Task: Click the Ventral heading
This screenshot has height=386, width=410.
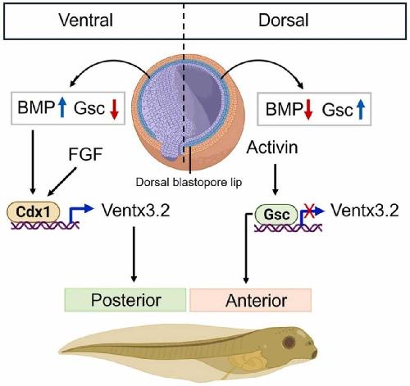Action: (85, 20)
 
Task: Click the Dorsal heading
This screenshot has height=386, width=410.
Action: (284, 20)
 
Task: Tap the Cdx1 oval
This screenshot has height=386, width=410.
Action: (33, 211)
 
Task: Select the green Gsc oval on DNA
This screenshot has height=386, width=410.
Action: (276, 214)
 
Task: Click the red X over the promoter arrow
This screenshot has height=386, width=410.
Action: (309, 211)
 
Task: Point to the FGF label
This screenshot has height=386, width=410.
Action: (85, 154)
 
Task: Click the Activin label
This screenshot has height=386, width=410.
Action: (272, 148)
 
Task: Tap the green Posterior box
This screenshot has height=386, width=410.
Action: (125, 300)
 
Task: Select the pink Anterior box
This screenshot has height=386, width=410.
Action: (250, 300)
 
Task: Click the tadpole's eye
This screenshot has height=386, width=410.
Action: (289, 342)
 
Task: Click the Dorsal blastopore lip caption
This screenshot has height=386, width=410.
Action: (189, 182)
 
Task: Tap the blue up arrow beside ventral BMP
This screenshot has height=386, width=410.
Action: (62, 107)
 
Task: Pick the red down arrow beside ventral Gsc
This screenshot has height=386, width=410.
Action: (114, 109)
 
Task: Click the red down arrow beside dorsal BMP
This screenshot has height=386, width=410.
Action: (308, 110)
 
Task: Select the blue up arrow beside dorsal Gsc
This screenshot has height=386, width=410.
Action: (361, 109)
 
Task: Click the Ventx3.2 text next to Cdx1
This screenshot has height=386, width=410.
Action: (136, 211)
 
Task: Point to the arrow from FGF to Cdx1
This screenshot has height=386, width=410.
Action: (62, 182)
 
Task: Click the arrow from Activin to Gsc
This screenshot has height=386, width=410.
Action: (276, 179)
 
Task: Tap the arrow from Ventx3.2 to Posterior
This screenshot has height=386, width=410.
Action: (134, 254)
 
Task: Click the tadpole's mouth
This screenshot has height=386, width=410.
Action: (314, 354)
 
